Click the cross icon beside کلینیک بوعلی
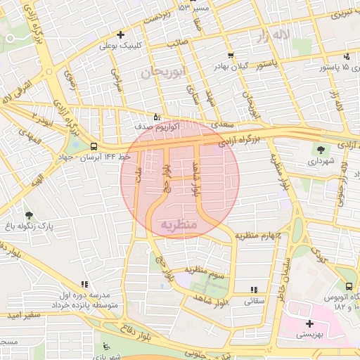[x=121, y=34]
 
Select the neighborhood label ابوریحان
[x=155, y=72]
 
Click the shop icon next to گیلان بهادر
[x=231, y=56]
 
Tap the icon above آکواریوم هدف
[x=156, y=116]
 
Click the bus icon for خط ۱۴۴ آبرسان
[x=94, y=146]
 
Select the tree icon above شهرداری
[x=321, y=150]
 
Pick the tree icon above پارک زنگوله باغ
[x=29, y=214]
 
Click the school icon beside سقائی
[x=254, y=289]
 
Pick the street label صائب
[x=176, y=42]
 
